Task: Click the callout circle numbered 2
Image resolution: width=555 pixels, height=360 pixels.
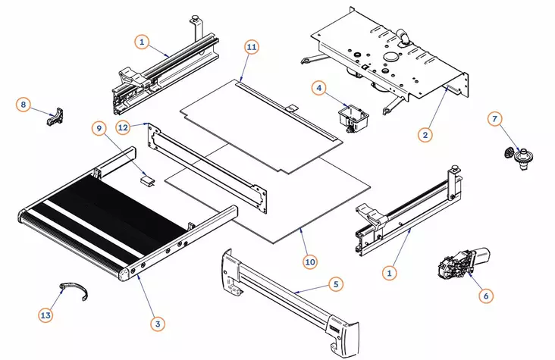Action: point(425,135)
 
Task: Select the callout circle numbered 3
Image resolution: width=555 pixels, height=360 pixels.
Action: point(158,324)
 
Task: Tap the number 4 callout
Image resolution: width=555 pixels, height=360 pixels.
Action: point(319,89)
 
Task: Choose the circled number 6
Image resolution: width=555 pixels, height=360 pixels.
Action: point(486,297)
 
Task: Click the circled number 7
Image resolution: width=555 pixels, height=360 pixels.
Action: point(494,119)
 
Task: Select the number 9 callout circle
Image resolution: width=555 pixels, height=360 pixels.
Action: point(99,128)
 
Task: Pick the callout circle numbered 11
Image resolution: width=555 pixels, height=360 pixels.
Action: point(252,46)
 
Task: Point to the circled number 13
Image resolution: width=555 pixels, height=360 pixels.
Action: point(46,314)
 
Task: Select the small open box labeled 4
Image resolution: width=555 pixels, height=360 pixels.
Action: point(352,118)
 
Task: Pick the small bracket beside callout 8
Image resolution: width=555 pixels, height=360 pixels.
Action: point(55,118)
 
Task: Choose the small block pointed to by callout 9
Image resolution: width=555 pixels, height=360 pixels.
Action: point(149,180)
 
